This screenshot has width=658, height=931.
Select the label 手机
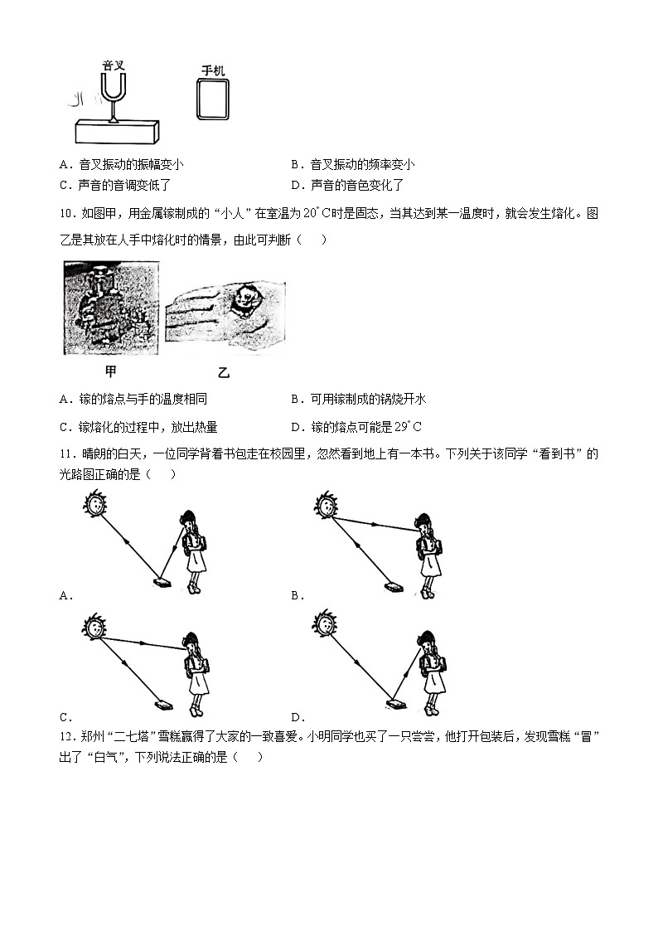coord(213,72)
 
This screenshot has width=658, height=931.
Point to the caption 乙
coord(223,373)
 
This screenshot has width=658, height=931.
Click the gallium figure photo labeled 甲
coord(111,308)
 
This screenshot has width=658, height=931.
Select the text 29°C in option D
coord(407,427)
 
